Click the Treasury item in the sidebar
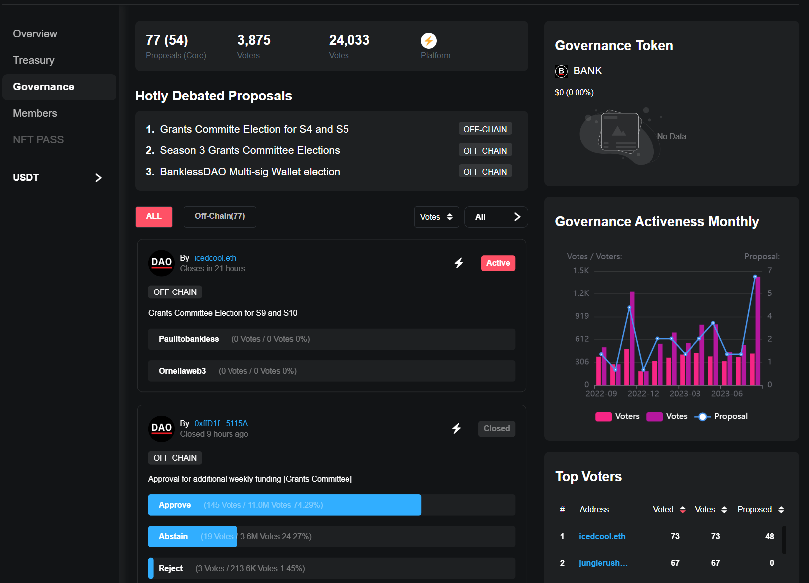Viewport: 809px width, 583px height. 34,60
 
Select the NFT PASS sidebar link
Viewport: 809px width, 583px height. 38,140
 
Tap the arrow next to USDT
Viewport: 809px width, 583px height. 98,178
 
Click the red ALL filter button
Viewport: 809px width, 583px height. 154,217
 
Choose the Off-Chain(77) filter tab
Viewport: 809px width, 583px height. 220,217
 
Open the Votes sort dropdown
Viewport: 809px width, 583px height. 436,217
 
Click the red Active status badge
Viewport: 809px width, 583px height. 498,263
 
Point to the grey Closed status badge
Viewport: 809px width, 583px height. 496,429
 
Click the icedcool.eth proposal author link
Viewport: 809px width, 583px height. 215,258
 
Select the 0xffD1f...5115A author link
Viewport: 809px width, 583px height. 221,423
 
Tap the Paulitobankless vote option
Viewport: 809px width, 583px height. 189,339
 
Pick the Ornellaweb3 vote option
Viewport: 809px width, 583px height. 182,371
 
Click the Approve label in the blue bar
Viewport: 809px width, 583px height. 175,505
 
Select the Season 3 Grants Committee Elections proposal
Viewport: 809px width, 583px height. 249,150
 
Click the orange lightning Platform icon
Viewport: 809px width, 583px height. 428,40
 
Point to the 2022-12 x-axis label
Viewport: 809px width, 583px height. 643,394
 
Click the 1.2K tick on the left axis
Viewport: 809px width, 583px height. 581,293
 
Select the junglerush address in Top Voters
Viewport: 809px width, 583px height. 603,563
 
